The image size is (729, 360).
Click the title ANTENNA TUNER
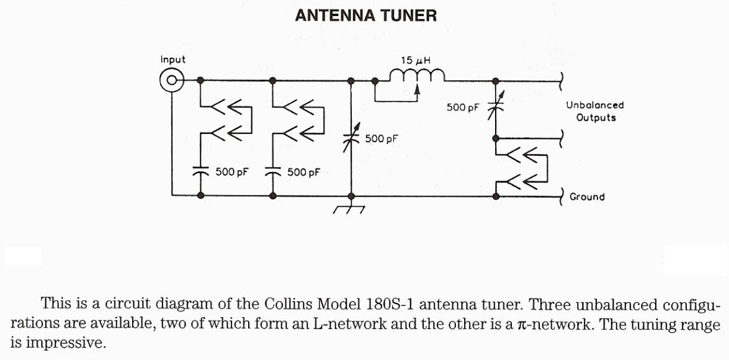click(365, 16)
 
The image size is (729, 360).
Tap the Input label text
click(172, 60)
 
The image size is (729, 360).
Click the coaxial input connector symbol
click(171, 80)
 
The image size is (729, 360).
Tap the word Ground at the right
click(587, 197)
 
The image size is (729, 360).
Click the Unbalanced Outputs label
click(594, 111)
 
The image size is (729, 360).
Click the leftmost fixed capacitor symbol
click(200, 171)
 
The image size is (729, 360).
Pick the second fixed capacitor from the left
click(272, 171)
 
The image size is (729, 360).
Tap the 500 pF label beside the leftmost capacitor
click(232, 172)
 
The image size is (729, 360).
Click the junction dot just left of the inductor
click(375, 80)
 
